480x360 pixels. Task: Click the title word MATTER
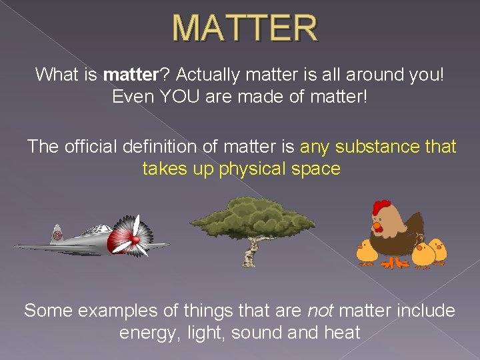tap(245, 28)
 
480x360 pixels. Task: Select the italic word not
tap(320, 311)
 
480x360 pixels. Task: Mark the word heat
tap(341, 333)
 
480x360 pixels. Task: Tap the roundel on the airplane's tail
tap(58, 235)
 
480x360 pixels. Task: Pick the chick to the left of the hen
tap(367, 251)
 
